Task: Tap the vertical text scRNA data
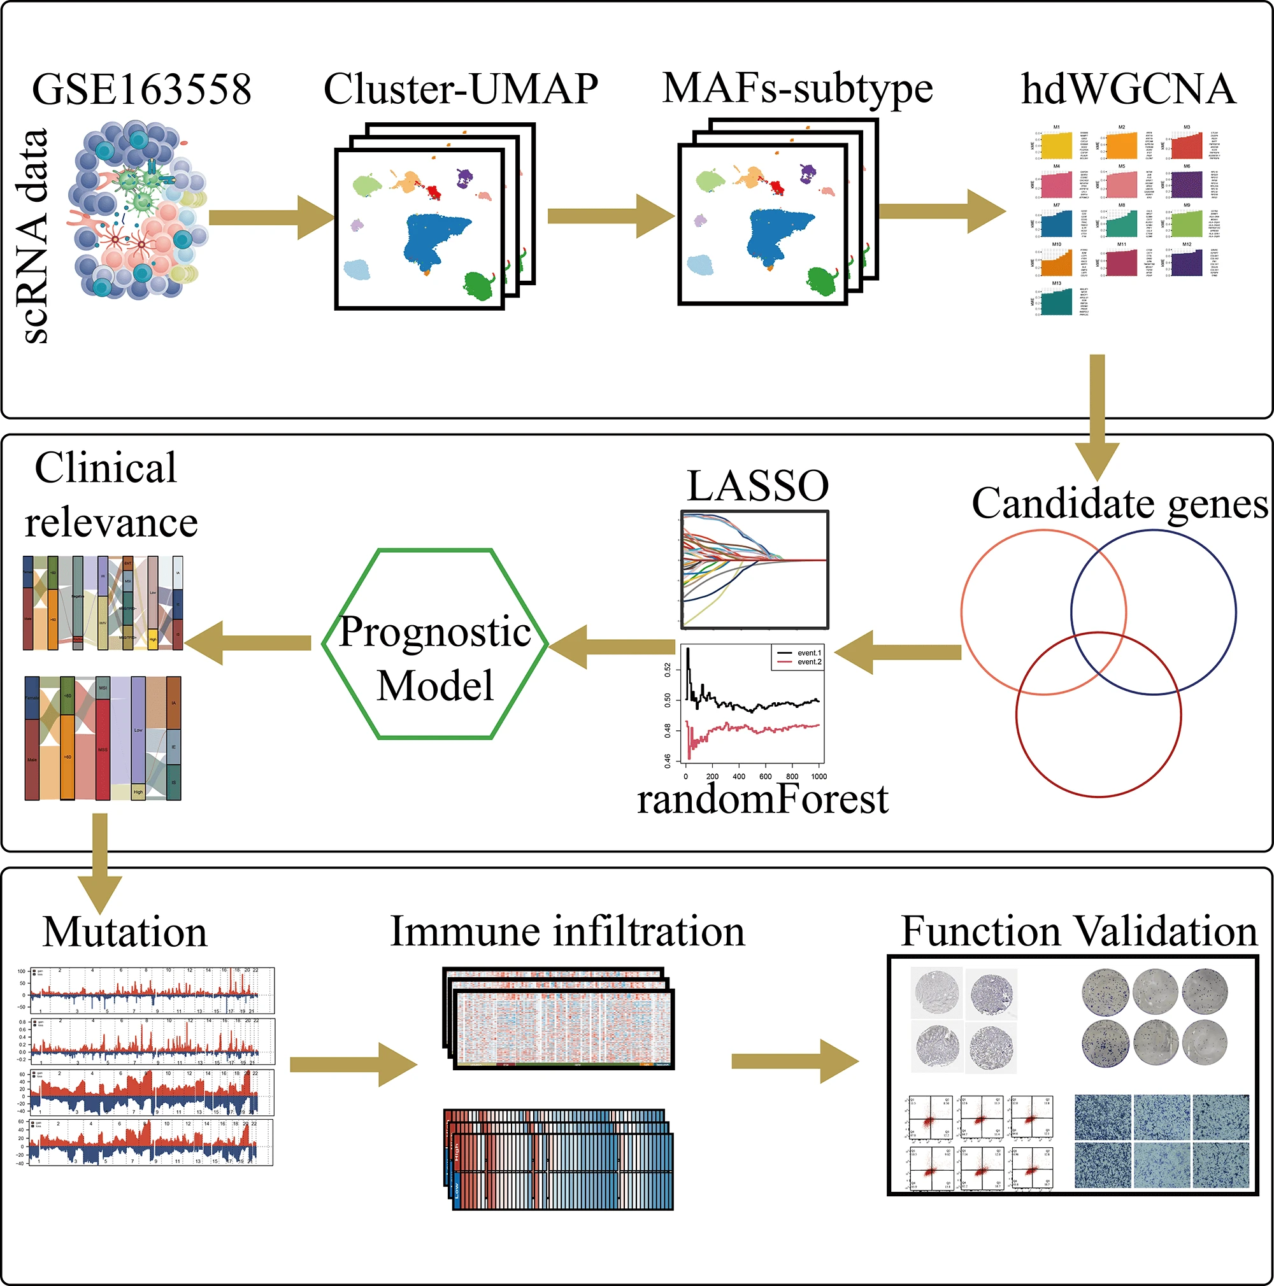pos(33,236)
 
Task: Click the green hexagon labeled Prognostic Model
pos(435,644)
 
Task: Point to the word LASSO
pos(757,486)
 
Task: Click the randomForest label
pos(762,799)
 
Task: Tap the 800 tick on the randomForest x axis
pos(792,776)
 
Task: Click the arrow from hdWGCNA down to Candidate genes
pos(1098,413)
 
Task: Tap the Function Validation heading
pos(1079,932)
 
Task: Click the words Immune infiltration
pos(568,932)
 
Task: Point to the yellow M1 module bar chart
pos(1056,145)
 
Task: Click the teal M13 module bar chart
pos(1056,301)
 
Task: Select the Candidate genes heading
pos(1120,504)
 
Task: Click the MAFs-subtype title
pos(797,88)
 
